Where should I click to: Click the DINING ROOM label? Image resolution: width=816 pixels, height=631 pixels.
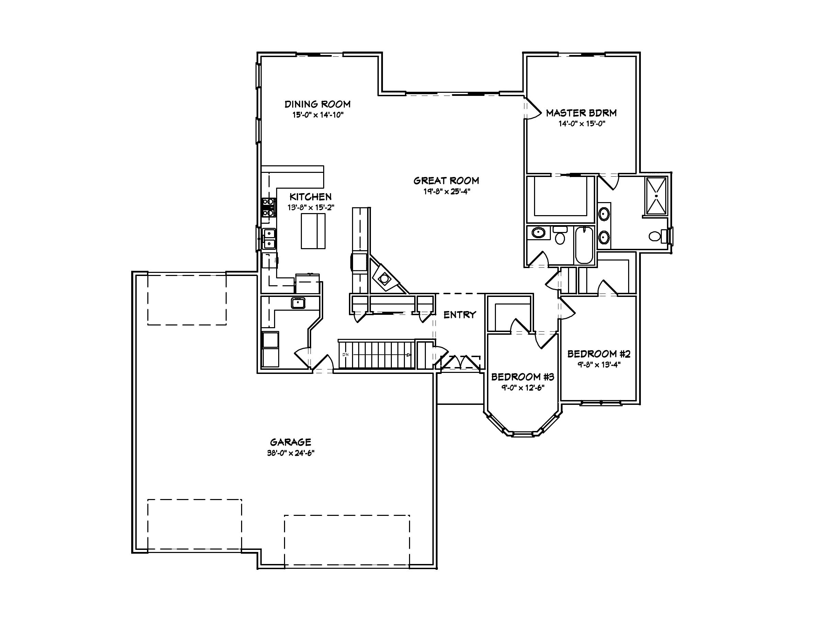click(318, 104)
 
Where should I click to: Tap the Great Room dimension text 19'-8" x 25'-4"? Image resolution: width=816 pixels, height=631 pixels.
click(446, 191)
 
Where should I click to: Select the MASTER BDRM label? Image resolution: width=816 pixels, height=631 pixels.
click(581, 113)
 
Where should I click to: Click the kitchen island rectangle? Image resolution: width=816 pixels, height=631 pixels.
click(313, 231)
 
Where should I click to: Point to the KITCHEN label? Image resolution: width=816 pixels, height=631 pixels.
click(310, 197)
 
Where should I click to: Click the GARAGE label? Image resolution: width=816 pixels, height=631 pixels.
click(291, 442)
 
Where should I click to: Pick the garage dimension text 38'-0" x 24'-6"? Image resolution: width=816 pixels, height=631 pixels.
click(291, 453)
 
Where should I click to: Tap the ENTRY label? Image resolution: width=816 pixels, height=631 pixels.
click(460, 315)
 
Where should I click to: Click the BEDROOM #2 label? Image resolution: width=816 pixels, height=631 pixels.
click(599, 354)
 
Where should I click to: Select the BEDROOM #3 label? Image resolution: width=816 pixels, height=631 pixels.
click(523, 377)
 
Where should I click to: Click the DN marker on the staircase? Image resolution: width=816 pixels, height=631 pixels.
click(345, 354)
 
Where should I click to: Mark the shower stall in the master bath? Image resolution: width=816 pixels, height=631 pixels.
click(656, 196)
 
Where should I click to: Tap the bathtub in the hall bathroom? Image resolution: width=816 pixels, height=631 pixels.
click(583, 245)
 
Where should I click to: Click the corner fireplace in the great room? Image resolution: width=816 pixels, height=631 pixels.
click(384, 278)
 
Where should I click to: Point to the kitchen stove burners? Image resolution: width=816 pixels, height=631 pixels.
click(268, 208)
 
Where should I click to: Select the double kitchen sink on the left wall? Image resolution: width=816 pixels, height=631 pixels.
click(269, 239)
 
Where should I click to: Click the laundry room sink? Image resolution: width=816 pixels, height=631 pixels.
click(298, 303)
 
